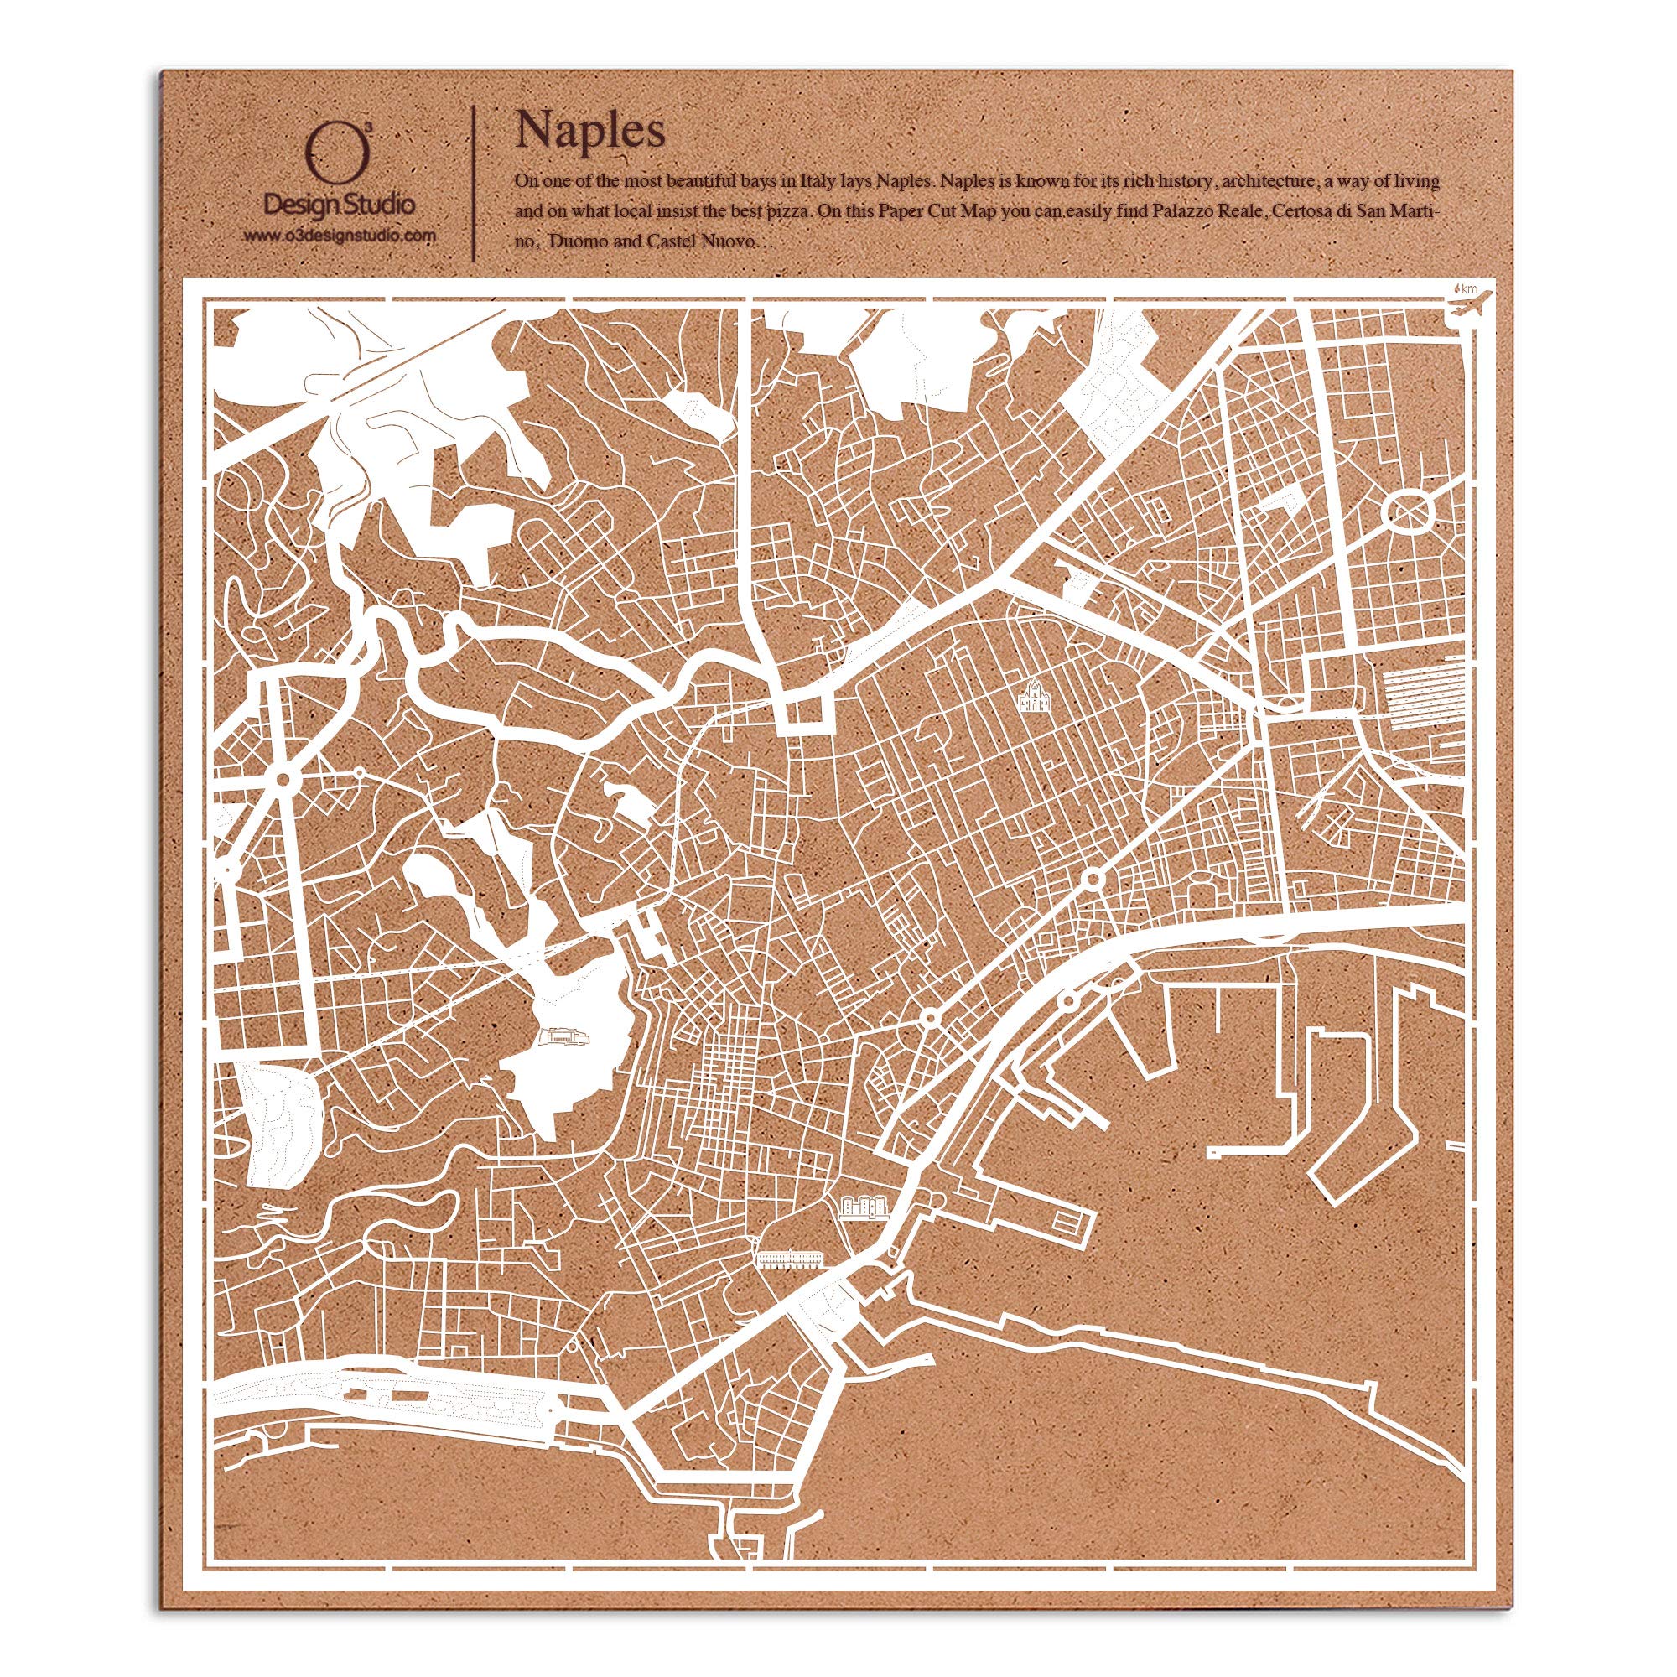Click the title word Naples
point(590,129)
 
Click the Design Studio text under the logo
point(340,206)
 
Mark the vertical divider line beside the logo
point(473,182)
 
